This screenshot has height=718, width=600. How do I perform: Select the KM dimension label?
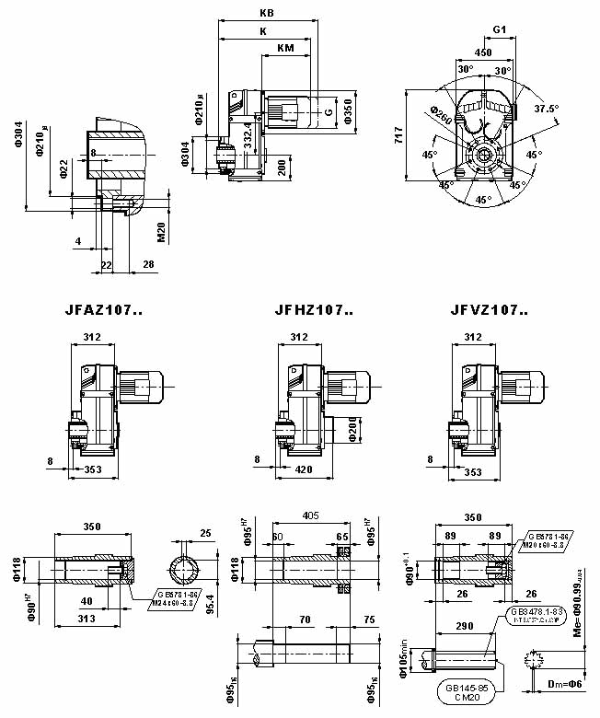[285, 47]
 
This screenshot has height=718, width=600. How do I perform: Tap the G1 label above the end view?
[500, 29]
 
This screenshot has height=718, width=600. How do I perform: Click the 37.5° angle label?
[547, 108]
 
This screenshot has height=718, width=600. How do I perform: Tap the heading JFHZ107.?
[314, 310]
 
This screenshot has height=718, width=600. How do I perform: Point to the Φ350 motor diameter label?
[347, 110]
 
